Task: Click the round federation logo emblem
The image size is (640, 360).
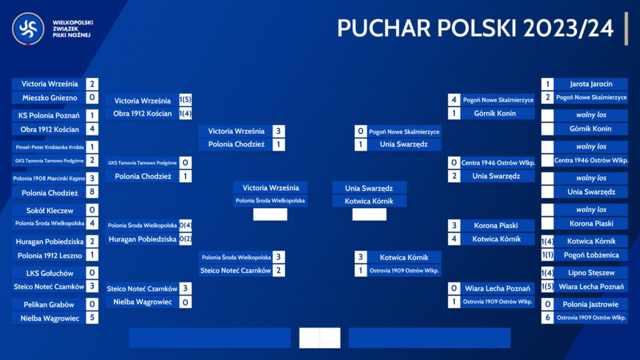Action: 28,29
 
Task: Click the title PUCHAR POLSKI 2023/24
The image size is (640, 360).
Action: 475,28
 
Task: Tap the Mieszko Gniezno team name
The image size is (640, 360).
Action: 50,98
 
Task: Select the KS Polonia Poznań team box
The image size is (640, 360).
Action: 49,116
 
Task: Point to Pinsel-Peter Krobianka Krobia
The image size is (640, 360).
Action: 50,147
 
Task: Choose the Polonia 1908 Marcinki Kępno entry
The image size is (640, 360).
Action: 49,178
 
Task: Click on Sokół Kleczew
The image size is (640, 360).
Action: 50,211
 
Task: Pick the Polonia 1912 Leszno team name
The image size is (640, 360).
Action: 50,256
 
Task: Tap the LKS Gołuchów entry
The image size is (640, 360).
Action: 50,273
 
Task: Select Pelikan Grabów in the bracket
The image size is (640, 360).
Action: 49,304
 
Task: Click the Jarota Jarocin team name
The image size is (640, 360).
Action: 591,84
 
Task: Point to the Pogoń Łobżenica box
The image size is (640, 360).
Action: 591,255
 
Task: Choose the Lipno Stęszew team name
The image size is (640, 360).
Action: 591,272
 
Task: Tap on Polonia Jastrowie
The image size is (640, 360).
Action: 590,304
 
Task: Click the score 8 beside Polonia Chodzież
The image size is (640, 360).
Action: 92,192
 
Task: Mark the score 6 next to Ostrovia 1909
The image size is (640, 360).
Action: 547,317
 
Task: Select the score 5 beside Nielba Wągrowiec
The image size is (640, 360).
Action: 92,317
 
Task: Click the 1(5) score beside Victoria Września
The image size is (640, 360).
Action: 185,100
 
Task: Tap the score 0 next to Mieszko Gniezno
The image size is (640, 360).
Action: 92,97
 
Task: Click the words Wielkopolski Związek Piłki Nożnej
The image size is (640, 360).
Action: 72,29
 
